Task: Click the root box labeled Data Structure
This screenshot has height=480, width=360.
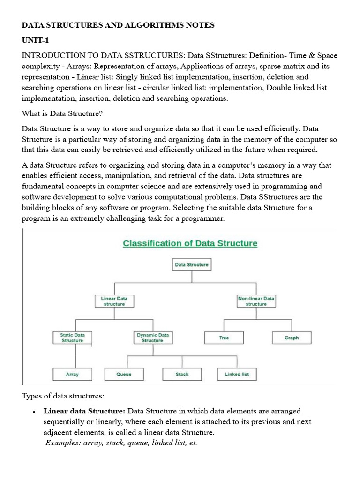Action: [191, 265]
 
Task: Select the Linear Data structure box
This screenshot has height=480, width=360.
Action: [114, 301]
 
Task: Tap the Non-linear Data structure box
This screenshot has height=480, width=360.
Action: [256, 301]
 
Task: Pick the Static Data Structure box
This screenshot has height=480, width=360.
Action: [72, 337]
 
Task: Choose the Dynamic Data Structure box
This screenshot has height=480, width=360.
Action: [152, 337]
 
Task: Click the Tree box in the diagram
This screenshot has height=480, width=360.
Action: [224, 337]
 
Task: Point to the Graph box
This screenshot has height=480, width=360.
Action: [292, 337]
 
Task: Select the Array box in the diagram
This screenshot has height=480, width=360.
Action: [72, 374]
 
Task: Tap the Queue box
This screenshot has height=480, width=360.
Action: [124, 374]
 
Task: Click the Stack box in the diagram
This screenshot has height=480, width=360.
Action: [182, 374]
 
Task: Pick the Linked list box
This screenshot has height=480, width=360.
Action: [237, 374]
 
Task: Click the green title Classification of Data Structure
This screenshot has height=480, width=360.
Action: [190, 243]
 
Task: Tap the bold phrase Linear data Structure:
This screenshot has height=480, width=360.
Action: [84, 411]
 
